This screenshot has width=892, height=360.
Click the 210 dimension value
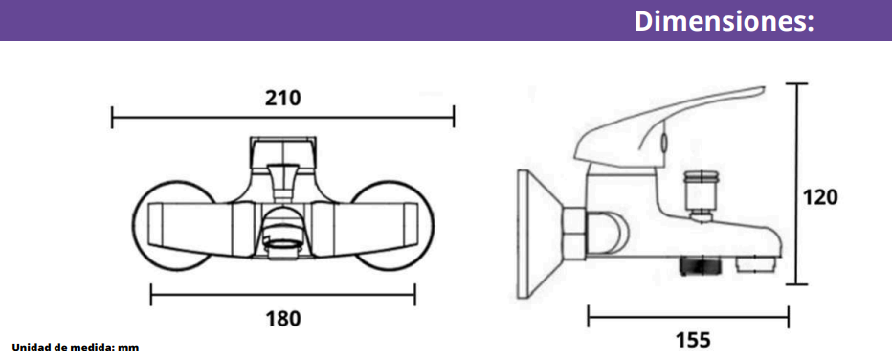282,98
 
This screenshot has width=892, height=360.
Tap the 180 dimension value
282,319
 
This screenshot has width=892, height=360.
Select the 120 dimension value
820,197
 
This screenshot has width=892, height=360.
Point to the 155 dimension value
693,340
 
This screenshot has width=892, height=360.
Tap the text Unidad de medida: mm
76,348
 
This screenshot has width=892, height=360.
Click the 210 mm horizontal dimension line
282,117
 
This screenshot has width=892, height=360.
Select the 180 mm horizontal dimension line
282,295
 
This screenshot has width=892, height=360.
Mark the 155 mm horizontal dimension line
688,316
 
